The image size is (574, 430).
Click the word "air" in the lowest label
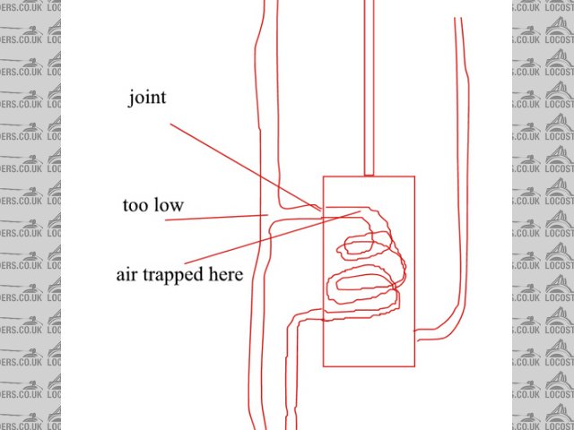pos(126,275)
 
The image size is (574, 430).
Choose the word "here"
pos(225,275)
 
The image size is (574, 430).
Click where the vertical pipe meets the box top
pos(369,176)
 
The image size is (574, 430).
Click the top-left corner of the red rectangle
pos(324,176)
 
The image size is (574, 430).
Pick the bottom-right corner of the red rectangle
pos(416,366)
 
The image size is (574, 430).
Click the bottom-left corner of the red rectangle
pos(324,366)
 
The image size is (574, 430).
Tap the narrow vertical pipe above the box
pos(369,90)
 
